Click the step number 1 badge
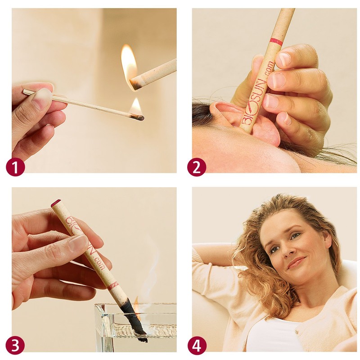15,167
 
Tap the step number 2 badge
197,167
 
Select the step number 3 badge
15,345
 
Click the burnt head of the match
140,117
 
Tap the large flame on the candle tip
129,65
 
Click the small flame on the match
135,107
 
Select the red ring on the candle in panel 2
276,41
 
